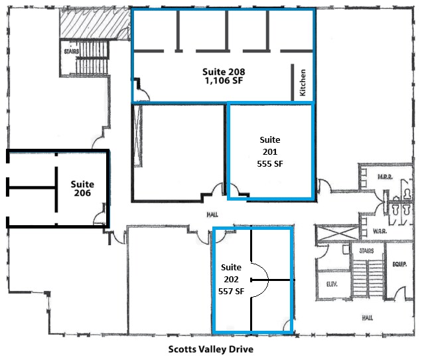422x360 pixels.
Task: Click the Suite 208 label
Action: [222, 70]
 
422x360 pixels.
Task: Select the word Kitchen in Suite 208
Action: [303, 83]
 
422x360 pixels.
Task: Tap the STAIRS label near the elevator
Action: [366, 252]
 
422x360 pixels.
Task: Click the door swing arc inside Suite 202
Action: [261, 280]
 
